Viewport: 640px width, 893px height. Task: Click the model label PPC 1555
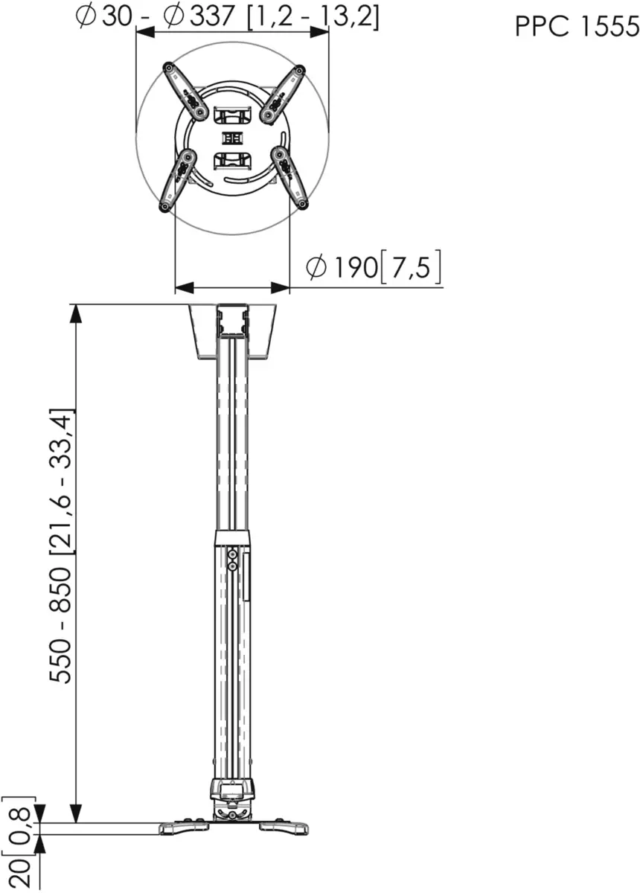point(577,27)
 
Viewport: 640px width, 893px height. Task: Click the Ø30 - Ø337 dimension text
point(228,16)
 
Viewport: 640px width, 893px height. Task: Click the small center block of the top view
point(231,138)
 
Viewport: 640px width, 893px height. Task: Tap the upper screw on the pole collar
point(234,554)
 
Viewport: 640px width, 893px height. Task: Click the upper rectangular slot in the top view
point(232,115)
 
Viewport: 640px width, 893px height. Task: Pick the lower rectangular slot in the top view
point(232,159)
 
